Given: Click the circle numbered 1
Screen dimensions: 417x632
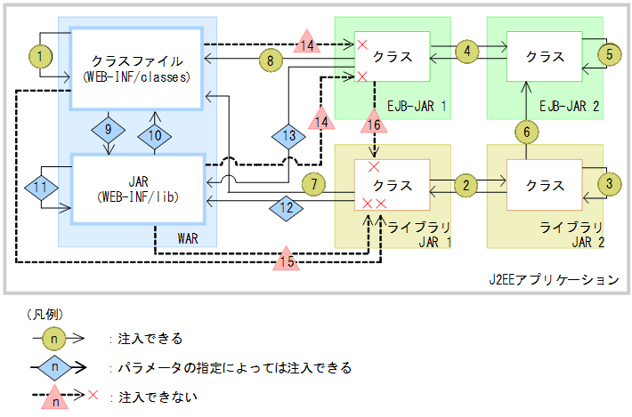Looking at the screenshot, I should coord(40,56).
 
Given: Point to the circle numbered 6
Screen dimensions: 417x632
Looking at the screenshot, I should coord(526,132).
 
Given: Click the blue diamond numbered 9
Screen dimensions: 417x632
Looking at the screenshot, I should coord(108,130).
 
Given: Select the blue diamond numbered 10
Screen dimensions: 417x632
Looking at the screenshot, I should coord(155,134).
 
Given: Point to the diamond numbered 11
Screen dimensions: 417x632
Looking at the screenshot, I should coord(40,188).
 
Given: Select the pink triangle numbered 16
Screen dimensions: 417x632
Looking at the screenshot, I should coord(375,123).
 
